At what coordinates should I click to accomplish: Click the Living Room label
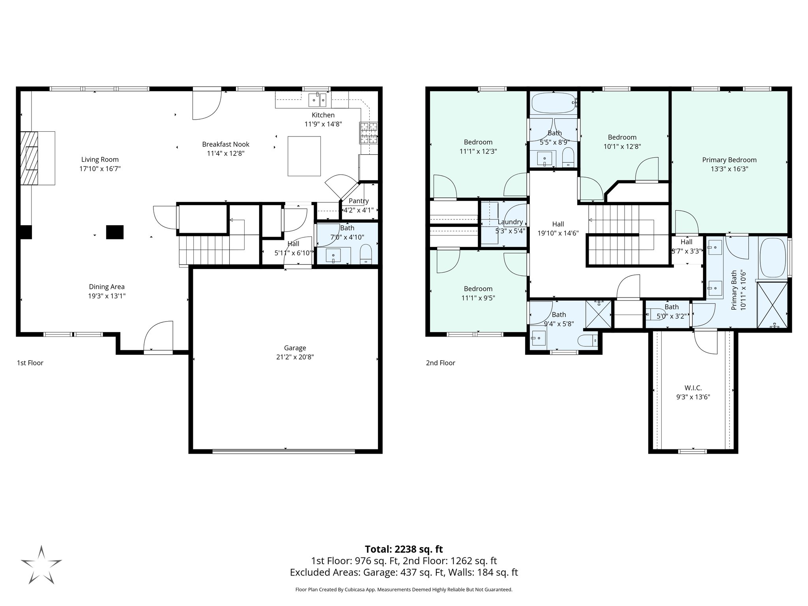coord(100,159)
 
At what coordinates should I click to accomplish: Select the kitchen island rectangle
coord(304,156)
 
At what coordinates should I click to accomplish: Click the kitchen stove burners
coord(368,133)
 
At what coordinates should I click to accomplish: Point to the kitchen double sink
coord(318,100)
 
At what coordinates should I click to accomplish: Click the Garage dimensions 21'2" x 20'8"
coord(295,357)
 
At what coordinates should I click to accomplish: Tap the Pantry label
coord(358,201)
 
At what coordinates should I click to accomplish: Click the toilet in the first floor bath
coord(366,254)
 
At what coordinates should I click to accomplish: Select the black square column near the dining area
coord(114,232)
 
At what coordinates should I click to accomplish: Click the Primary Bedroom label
coord(729,160)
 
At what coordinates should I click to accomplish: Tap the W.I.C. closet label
coord(693,388)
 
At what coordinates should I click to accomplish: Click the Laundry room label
coord(510,222)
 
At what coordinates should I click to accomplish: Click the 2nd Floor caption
coord(440,363)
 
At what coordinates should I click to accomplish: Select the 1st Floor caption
coord(30,363)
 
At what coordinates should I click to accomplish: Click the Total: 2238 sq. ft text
coord(404,549)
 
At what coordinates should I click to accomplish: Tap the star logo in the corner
coord(41,564)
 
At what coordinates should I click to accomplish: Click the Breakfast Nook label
coord(226,144)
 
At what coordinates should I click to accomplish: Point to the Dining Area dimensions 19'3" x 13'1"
coord(107,296)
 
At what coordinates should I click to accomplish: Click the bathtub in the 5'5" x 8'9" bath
coord(552,104)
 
